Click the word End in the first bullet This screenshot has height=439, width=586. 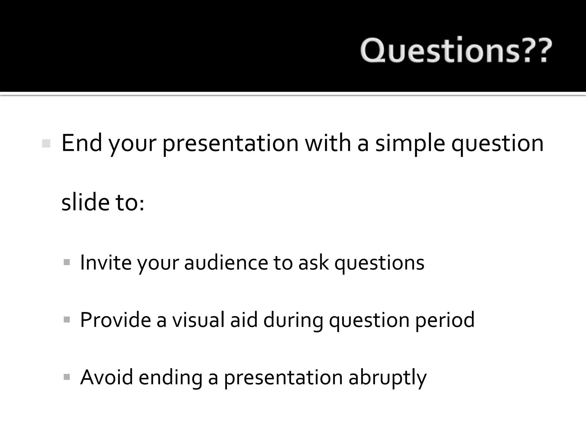pos(82,143)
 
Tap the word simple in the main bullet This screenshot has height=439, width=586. pos(410,143)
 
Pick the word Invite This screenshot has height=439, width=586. pos(106,262)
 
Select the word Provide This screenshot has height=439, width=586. pos(115,320)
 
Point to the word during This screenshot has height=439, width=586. pos(293,320)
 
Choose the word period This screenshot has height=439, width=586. pos(445,320)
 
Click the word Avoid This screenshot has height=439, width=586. pos(106,377)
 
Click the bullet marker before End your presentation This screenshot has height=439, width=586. pos(46,143)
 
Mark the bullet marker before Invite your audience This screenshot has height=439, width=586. pos(67,262)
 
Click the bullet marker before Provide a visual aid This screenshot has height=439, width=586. pos(67,319)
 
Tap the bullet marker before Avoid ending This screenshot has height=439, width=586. pos(67,377)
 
